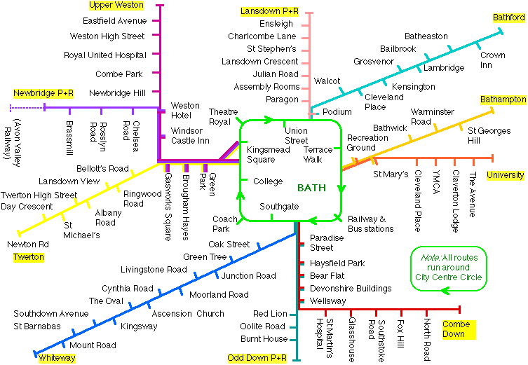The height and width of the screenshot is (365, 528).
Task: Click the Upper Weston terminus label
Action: click(x=116, y=6)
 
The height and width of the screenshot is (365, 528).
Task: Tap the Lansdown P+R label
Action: click(x=269, y=12)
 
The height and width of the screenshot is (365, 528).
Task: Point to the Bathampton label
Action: click(x=503, y=100)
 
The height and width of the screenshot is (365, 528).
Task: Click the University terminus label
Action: click(x=505, y=175)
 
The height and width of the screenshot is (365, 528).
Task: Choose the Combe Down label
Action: click(x=457, y=329)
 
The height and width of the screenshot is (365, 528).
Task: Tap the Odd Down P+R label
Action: click(x=257, y=358)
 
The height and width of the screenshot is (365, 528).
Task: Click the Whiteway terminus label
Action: click(x=56, y=358)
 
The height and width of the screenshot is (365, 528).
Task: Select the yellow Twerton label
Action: click(x=28, y=257)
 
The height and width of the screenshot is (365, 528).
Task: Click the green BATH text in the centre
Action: click(x=311, y=188)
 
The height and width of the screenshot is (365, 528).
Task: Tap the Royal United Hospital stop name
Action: click(x=104, y=55)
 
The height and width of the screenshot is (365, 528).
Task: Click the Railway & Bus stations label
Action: click(x=370, y=223)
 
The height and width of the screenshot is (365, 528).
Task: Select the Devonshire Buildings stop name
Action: click(x=341, y=289)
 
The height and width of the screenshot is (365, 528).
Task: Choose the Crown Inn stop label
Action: click(x=492, y=60)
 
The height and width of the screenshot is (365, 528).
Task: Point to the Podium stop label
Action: click(x=337, y=112)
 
